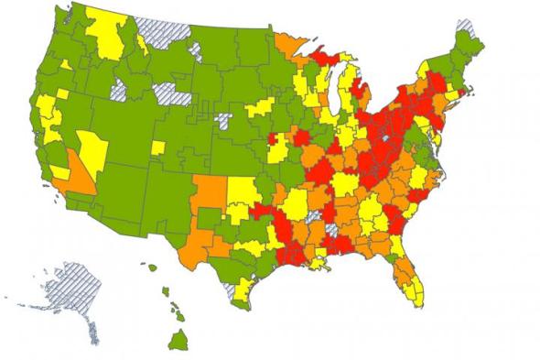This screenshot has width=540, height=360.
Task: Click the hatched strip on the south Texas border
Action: (232, 292)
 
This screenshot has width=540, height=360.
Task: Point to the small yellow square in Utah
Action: (157, 147)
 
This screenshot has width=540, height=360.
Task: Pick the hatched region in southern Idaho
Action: (119, 89)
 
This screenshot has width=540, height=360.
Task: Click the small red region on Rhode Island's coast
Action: (466, 90)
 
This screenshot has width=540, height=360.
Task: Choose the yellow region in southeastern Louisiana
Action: (319, 262)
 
